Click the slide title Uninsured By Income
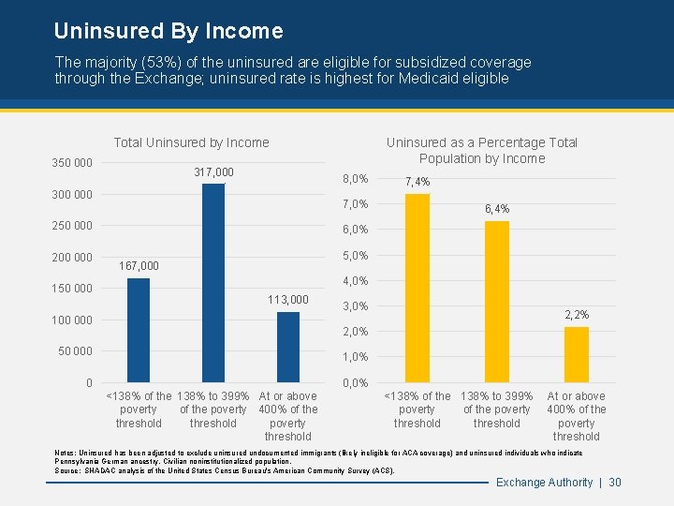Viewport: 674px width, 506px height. click(x=168, y=31)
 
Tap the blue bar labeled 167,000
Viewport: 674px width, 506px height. click(x=139, y=330)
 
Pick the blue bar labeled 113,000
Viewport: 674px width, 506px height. click(x=288, y=347)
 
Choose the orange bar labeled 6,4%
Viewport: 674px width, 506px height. click(x=497, y=301)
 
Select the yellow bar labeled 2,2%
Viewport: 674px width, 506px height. click(x=577, y=354)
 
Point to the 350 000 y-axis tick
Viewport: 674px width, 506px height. click(x=71, y=163)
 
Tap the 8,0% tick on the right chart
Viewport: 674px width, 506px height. click(x=356, y=179)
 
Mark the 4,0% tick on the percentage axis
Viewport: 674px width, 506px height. click(x=356, y=281)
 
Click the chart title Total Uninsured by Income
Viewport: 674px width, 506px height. click(x=191, y=142)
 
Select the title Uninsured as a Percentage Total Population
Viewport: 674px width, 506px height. click(x=482, y=150)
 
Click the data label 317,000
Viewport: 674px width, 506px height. click(x=213, y=172)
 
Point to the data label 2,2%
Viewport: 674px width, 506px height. click(x=577, y=315)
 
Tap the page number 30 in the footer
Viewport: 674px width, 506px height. click(x=615, y=483)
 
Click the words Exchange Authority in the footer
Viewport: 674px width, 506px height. click(x=544, y=483)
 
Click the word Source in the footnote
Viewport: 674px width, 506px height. click(x=67, y=470)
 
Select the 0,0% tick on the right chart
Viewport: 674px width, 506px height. click(x=356, y=383)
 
